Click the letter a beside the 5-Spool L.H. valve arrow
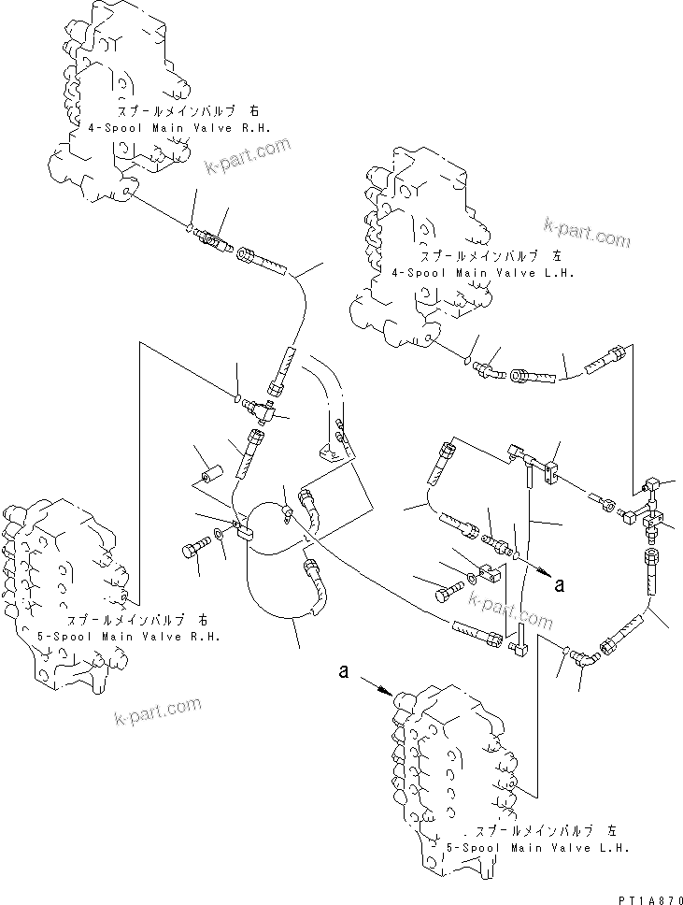[346, 670]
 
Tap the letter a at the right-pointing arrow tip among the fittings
[560, 585]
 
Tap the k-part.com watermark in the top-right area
[588, 235]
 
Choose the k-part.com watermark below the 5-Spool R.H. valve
[158, 711]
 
